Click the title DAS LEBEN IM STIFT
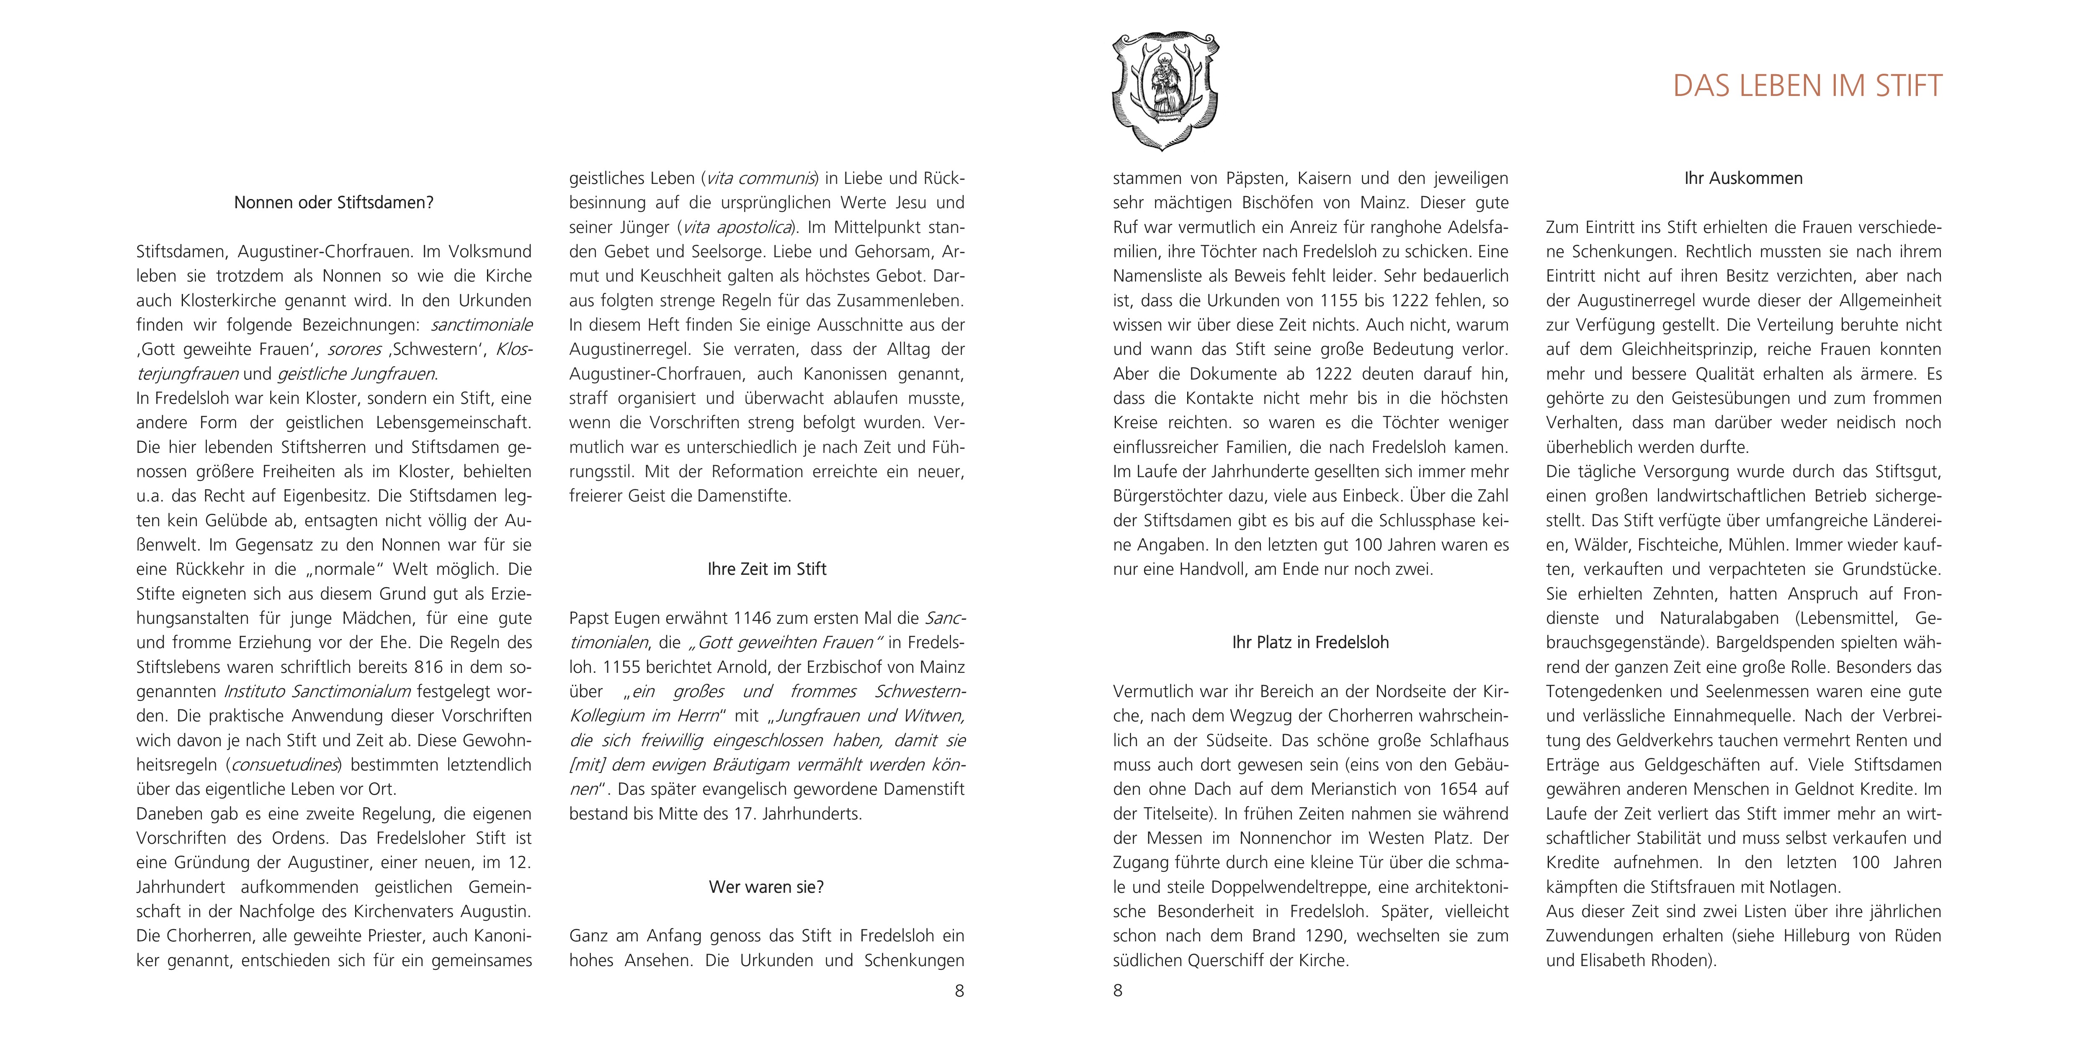1807,86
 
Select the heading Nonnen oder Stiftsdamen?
334,202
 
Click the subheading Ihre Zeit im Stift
767,569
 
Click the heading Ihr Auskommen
1743,178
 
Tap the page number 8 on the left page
959,990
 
